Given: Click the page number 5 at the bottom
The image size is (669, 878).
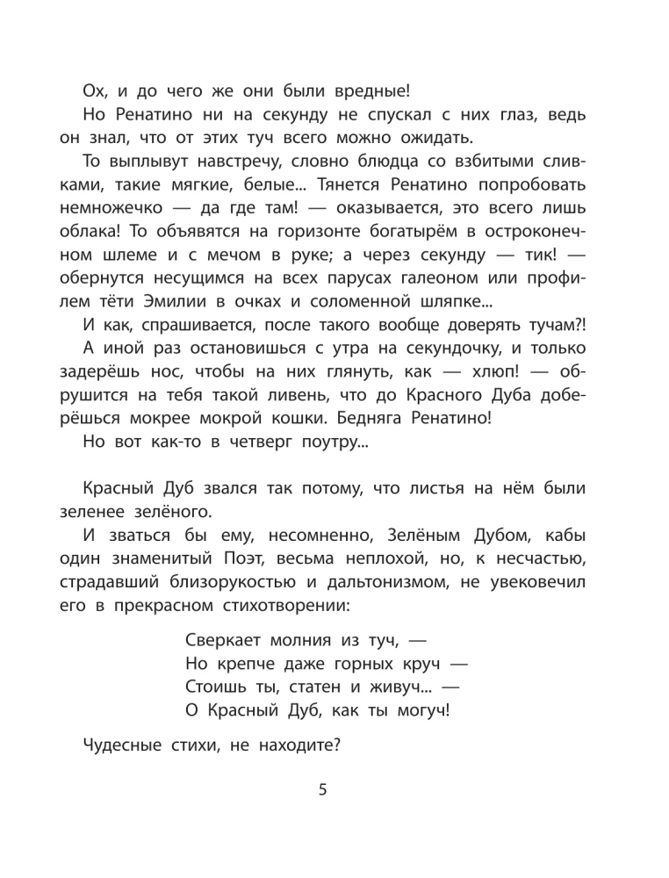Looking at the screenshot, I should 322,791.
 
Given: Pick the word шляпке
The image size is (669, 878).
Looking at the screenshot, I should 444,302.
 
